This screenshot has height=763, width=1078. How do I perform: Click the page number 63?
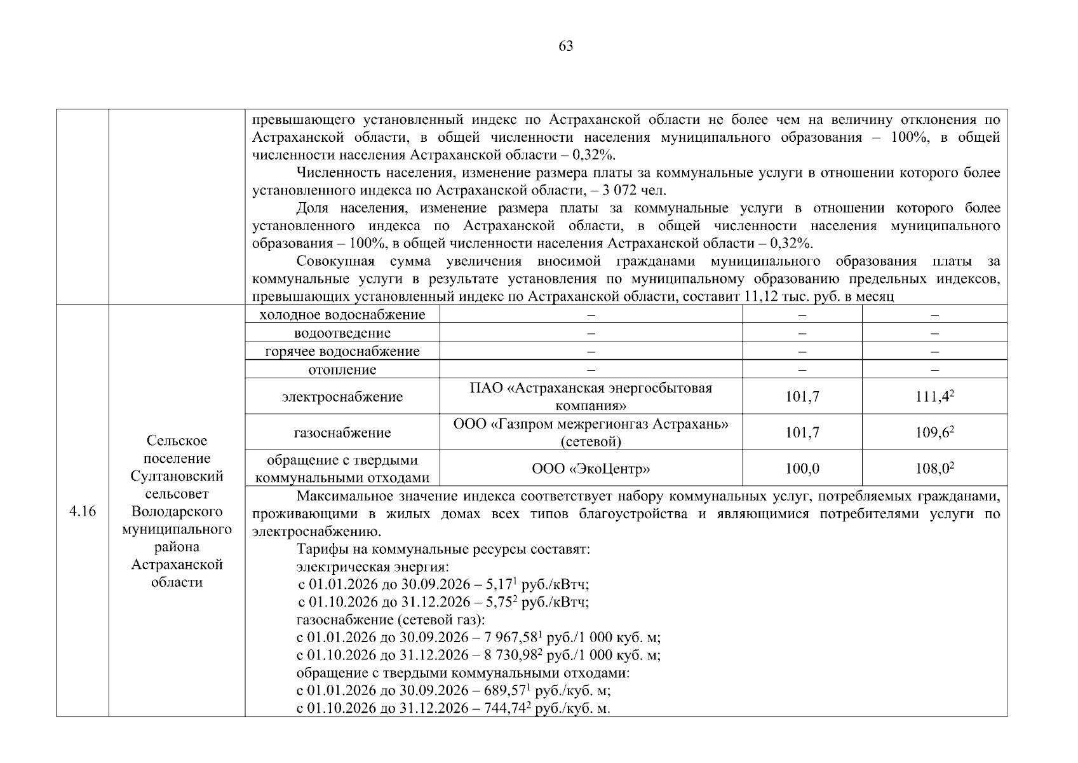coord(565,46)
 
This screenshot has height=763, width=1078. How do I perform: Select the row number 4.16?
coord(83,511)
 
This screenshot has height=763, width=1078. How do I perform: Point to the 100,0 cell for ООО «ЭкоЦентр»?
coord(802,469)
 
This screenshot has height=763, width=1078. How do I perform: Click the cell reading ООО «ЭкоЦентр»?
coord(591,469)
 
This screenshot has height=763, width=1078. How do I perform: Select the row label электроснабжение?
coord(342,397)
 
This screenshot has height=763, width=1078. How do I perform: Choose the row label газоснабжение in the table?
coord(342,433)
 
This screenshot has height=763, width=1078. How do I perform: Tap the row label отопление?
coord(342,369)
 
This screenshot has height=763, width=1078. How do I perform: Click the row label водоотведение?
coord(342,333)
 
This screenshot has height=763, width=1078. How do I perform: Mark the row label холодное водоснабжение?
coord(342,315)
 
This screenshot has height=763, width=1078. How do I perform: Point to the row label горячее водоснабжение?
coord(342,352)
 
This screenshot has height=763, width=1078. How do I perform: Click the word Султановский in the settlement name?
coord(177,476)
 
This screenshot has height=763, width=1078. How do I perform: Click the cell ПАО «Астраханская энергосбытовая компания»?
coord(591,397)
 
